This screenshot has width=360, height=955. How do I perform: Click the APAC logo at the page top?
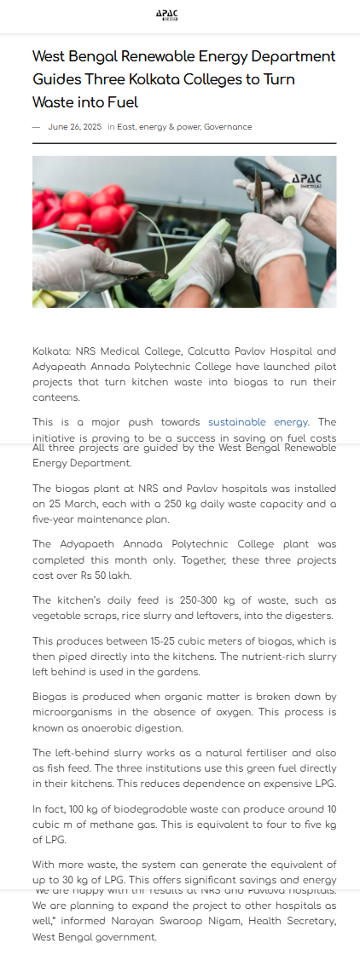pyautogui.click(x=166, y=15)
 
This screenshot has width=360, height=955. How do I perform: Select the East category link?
pyautogui.click(x=126, y=127)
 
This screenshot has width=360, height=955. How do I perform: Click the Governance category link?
pyautogui.click(x=228, y=127)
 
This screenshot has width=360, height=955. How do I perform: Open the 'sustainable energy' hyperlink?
pyautogui.click(x=258, y=422)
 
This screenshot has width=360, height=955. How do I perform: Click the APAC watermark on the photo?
pyautogui.click(x=307, y=180)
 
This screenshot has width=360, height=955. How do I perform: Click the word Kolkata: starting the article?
pyautogui.click(x=52, y=350)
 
